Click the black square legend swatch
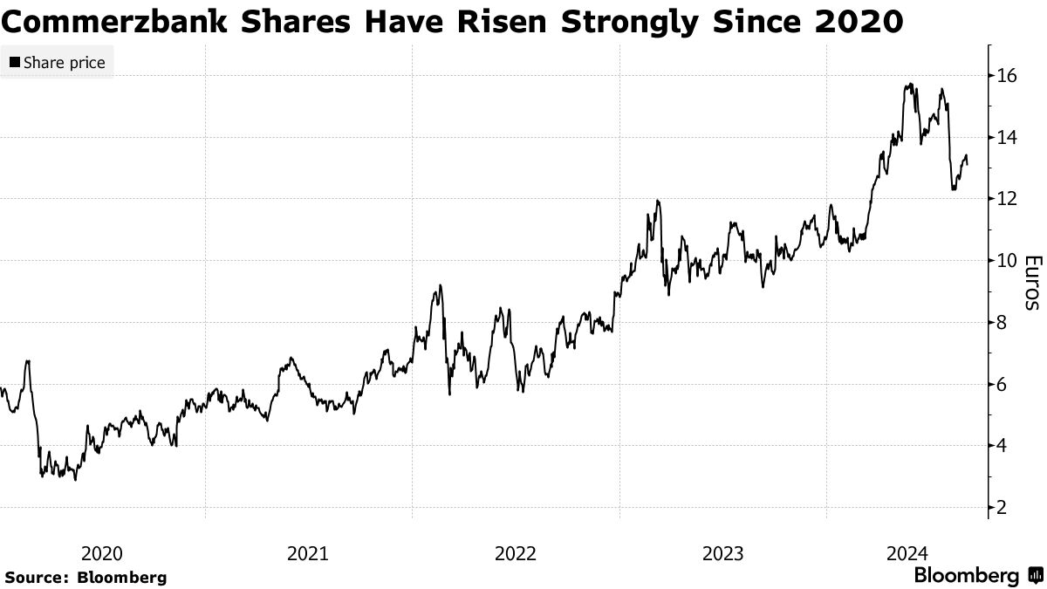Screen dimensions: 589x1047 (x=15, y=63)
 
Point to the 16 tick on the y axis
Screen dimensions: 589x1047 (x=1006, y=76)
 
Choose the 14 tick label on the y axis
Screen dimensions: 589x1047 (x=1006, y=138)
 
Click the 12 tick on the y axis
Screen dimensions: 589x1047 (x=1006, y=199)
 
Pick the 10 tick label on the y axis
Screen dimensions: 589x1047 (x=1006, y=261)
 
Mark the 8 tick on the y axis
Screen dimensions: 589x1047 (x=1002, y=323)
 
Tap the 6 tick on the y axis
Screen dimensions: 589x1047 (x=1002, y=384)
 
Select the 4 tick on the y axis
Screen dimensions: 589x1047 (x=1002, y=446)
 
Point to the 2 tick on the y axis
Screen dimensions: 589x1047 (x=1002, y=507)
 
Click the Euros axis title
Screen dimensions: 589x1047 (x=1031, y=283)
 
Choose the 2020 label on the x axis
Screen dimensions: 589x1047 (x=101, y=553)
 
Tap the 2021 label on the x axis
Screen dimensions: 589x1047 (x=308, y=553)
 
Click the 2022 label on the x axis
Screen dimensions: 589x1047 (x=516, y=553)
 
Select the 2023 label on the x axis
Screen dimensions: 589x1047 (x=722, y=553)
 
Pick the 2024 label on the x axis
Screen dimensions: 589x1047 (x=907, y=553)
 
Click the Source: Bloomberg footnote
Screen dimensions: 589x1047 (x=86, y=578)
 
